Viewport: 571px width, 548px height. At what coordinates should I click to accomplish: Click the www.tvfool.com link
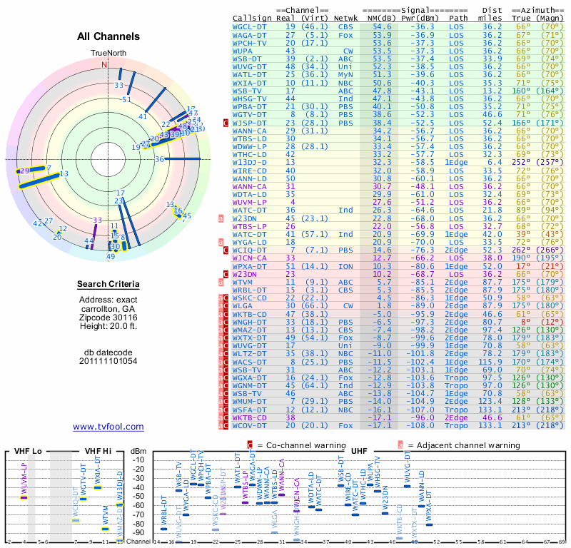[x=108, y=427]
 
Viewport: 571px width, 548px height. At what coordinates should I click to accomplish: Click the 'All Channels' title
[x=108, y=36]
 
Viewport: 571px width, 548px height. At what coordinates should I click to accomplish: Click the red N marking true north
[x=104, y=64]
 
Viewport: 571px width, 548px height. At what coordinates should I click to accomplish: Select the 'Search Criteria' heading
[x=108, y=285]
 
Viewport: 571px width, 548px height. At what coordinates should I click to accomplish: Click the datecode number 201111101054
[x=108, y=360]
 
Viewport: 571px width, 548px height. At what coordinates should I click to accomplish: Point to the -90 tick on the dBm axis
[x=139, y=532]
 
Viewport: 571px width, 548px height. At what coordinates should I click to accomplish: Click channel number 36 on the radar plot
[x=159, y=159]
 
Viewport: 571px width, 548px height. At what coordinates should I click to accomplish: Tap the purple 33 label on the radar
[x=98, y=220]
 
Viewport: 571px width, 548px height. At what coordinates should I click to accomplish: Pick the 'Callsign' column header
[x=252, y=16]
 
